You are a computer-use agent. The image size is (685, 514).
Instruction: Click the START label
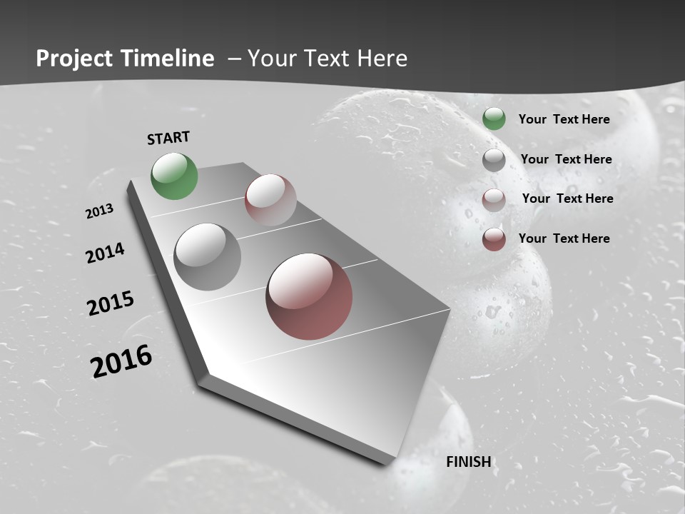click(x=168, y=138)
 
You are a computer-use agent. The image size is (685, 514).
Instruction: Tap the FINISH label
click(x=469, y=462)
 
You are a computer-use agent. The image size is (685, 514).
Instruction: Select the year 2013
click(x=99, y=211)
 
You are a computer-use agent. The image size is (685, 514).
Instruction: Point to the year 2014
click(x=105, y=253)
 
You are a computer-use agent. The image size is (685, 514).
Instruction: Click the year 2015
click(x=111, y=303)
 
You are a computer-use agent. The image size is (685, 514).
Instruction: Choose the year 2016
click(x=121, y=361)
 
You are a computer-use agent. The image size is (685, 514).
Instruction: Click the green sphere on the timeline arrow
click(x=174, y=176)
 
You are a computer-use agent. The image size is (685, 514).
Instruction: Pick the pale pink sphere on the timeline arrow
click(x=270, y=199)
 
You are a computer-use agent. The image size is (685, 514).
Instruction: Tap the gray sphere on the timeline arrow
click(x=207, y=257)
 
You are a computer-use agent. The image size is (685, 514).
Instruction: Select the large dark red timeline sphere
click(x=309, y=296)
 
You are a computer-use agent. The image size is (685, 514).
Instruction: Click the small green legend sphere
click(x=494, y=119)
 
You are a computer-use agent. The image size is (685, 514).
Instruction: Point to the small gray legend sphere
click(x=494, y=160)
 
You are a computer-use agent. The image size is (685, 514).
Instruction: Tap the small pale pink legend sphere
click(x=494, y=200)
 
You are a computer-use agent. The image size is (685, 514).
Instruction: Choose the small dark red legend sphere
click(x=494, y=239)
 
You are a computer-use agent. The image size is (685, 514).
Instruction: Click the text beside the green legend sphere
click(x=564, y=119)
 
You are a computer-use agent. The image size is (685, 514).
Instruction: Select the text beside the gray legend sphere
click(x=566, y=159)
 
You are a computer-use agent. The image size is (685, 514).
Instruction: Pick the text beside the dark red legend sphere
click(x=564, y=238)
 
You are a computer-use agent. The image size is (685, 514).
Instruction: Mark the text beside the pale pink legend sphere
click(x=567, y=198)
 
